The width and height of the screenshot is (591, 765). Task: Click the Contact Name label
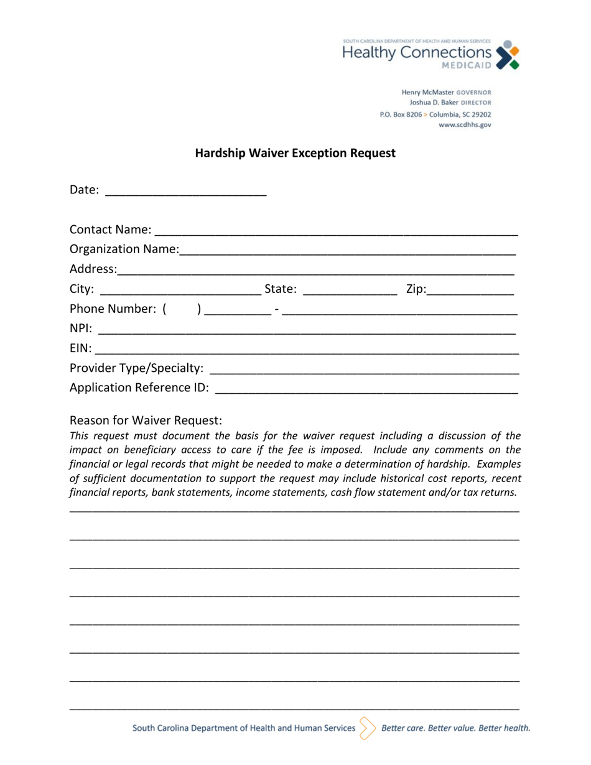[109, 230]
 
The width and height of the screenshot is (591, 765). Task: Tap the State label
[281, 289]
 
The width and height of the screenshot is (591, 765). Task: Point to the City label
[82, 289]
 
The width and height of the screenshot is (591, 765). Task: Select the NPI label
[81, 328]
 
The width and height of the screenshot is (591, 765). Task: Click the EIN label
[80, 348]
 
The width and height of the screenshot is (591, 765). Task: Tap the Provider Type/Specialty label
[136, 368]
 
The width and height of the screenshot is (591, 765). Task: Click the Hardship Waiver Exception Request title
[295, 153]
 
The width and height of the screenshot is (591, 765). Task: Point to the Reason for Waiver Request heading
[146, 420]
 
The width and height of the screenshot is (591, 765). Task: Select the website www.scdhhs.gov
[465, 125]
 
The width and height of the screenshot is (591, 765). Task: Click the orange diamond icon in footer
[368, 728]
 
